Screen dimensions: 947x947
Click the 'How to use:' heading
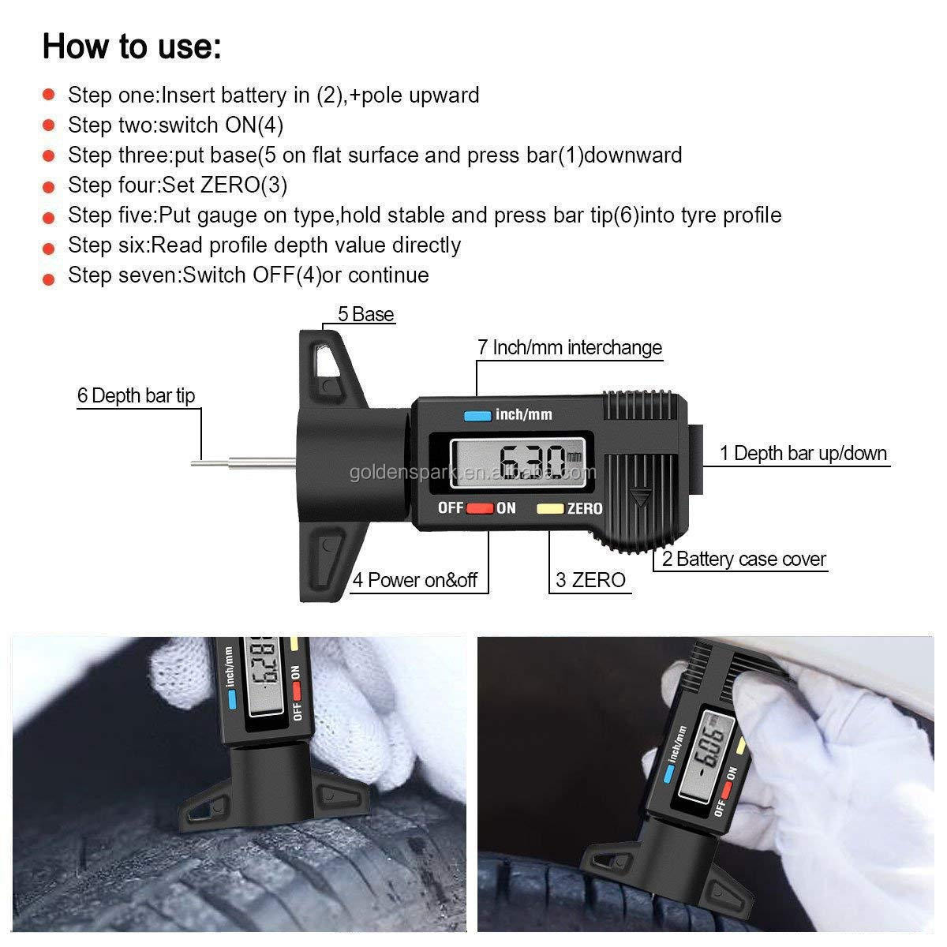[132, 46]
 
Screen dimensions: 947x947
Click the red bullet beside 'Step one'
[49, 95]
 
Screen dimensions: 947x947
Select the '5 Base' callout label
[365, 314]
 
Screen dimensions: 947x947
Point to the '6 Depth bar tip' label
[136, 395]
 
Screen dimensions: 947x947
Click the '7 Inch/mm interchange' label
[569, 347]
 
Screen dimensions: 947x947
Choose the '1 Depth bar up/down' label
[803, 453]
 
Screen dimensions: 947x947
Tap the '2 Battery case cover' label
[743, 560]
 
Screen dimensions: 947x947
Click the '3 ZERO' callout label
[590, 580]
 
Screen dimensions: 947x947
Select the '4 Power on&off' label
[415, 580]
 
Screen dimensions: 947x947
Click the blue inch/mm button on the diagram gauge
[477, 416]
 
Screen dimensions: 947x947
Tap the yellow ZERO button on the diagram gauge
[550, 509]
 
